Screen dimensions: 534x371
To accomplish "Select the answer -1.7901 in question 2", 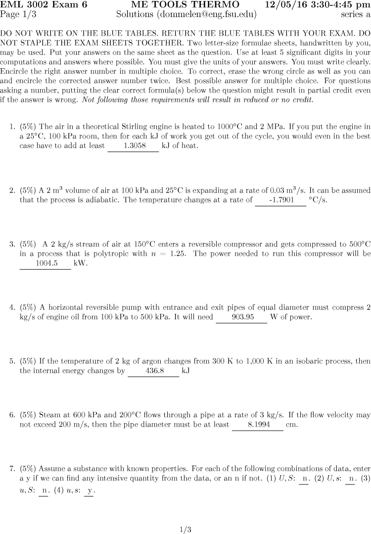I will pyautogui.click(x=280, y=200).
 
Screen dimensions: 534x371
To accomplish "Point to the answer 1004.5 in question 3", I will pyautogui.click(x=45, y=263).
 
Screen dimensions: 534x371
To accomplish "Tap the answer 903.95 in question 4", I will pyautogui.click(x=242, y=317).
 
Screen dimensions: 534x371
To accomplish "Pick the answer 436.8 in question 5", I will pyautogui.click(x=153, y=370).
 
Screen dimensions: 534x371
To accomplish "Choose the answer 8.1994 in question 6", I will pyautogui.click(x=258, y=425).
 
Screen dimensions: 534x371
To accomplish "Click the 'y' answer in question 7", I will pyautogui.click(x=89, y=490).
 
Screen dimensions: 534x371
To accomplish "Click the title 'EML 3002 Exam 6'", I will pyautogui.click(x=44, y=4).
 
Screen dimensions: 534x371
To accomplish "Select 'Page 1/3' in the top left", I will pyautogui.click(x=18, y=14).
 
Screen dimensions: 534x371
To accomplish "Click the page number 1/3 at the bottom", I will pyautogui.click(x=185, y=530).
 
